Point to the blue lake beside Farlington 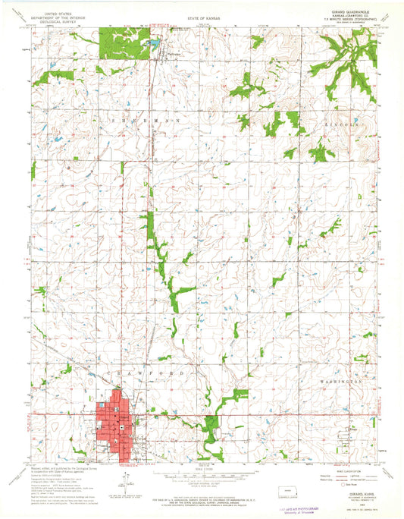[154, 46]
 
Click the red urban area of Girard [116, 423]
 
